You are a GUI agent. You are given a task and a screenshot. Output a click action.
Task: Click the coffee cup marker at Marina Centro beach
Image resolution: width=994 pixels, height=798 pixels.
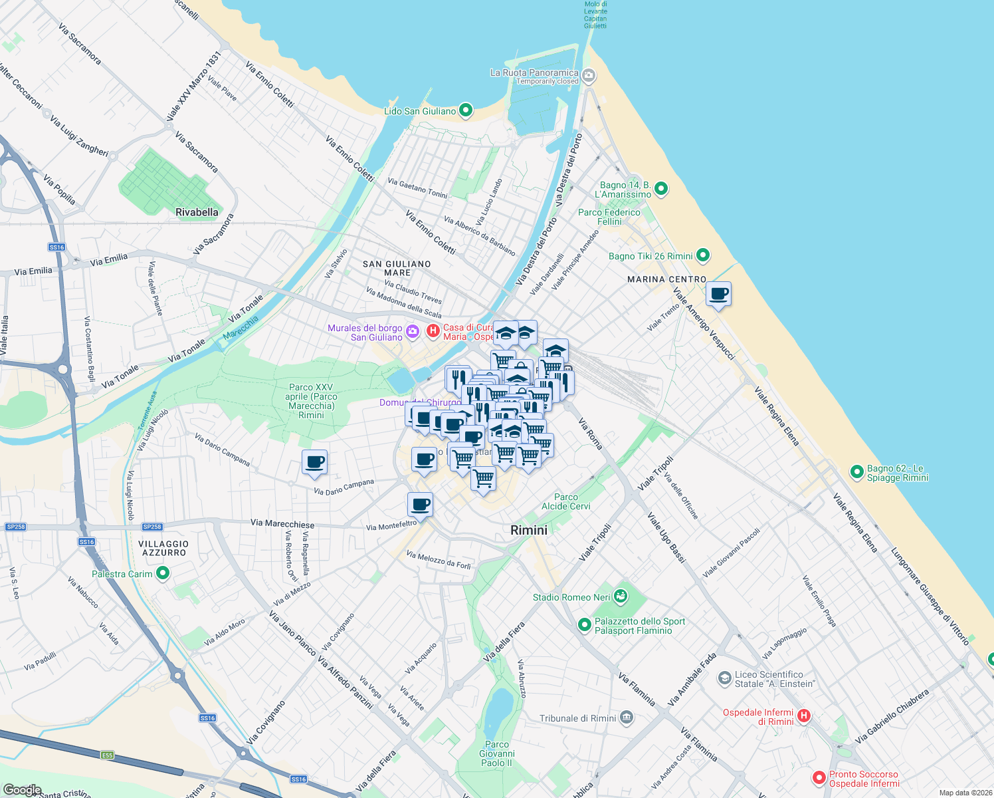click(x=718, y=294)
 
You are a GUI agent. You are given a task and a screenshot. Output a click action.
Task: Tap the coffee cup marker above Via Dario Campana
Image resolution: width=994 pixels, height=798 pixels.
click(x=314, y=462)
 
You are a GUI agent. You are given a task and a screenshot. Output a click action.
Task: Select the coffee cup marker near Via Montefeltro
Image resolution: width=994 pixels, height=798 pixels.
click(x=420, y=505)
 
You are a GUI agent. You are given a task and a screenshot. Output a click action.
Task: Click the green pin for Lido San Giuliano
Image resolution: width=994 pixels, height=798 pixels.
click(x=466, y=110)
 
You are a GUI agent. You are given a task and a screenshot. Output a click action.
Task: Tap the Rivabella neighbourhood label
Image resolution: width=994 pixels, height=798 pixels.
click(x=197, y=212)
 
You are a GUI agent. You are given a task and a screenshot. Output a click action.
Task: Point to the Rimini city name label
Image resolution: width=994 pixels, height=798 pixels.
click(x=529, y=530)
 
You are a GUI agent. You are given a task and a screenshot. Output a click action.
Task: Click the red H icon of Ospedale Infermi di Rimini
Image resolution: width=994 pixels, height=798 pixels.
click(x=804, y=716)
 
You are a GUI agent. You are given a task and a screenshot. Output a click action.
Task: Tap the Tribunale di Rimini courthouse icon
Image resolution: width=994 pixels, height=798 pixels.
click(x=626, y=718)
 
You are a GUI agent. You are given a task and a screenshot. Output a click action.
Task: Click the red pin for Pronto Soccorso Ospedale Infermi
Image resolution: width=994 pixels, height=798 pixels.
click(x=819, y=777)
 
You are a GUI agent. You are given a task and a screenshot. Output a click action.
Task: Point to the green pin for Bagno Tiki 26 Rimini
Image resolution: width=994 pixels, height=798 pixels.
click(x=703, y=255)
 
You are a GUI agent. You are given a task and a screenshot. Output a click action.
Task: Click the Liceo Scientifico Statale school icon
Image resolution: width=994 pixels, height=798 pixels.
click(x=724, y=678)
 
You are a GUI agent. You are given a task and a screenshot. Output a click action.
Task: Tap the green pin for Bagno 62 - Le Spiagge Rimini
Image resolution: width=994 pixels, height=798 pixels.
click(x=856, y=472)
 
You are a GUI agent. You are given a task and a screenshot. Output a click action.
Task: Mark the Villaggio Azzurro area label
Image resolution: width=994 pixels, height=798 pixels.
click(x=163, y=548)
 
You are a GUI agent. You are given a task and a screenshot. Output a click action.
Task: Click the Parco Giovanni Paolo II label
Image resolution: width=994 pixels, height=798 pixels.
click(x=497, y=753)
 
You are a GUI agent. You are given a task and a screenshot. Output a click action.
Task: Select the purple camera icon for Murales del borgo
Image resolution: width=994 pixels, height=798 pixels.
click(x=412, y=331)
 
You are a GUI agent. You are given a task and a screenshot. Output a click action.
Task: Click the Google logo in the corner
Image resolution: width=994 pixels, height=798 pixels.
click(x=22, y=790)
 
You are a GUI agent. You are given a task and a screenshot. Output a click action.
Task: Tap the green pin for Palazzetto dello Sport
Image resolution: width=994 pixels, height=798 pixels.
click(x=584, y=624)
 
